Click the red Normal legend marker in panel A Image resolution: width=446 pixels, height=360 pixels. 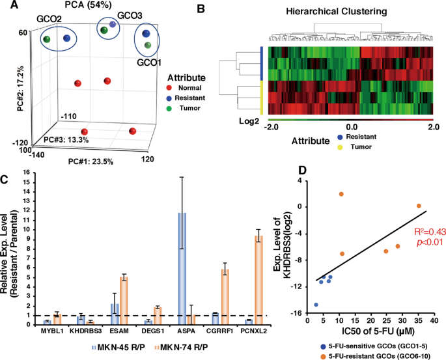click(x=171, y=87)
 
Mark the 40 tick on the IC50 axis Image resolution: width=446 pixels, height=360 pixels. click(x=434, y=322)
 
